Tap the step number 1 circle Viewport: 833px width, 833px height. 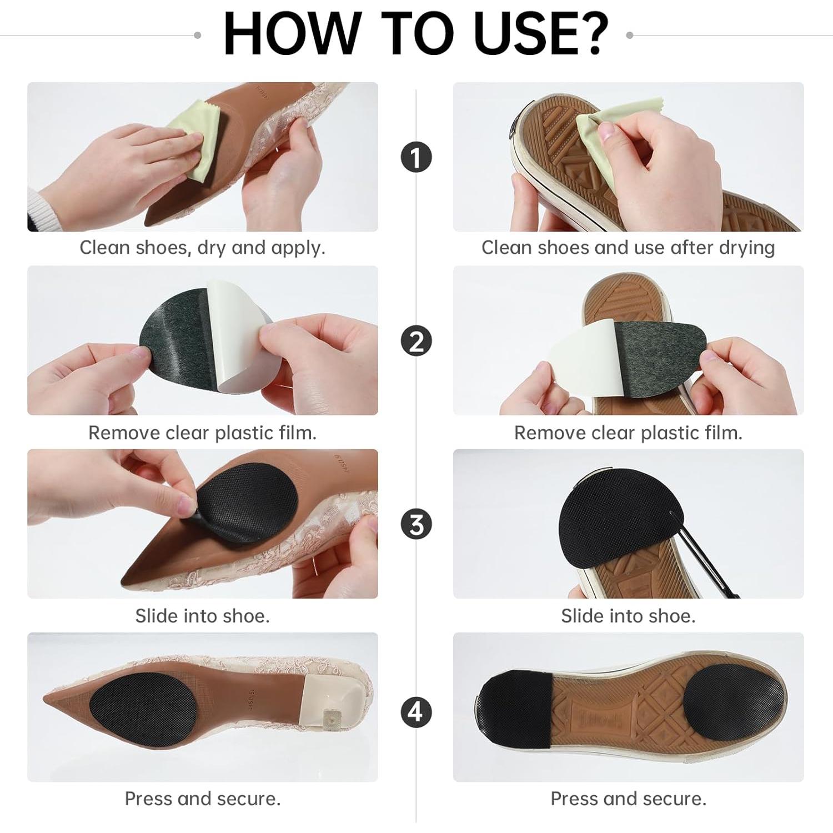point(416,157)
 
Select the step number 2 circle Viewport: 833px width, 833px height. point(416,341)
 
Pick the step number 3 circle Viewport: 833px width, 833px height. point(416,524)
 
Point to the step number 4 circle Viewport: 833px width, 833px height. point(416,711)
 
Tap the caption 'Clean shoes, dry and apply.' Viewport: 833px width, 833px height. point(202,248)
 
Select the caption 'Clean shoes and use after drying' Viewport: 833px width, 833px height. point(628,248)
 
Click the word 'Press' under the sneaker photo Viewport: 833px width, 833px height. point(574,799)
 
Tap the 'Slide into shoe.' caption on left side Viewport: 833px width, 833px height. point(202,616)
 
